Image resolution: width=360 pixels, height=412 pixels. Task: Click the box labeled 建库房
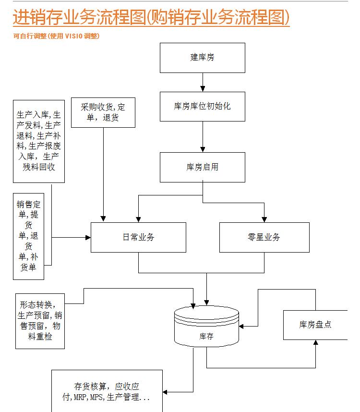[x=202, y=58]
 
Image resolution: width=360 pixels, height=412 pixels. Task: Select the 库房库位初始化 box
[x=202, y=106]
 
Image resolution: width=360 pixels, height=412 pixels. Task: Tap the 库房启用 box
[x=202, y=167]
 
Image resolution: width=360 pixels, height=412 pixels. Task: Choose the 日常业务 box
[x=138, y=237]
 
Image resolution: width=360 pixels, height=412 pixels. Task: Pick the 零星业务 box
[x=264, y=237]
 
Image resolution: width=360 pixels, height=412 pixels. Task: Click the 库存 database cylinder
[x=206, y=327]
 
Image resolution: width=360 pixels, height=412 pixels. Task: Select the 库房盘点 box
[x=315, y=325]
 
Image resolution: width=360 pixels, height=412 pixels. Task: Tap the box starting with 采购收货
[x=103, y=112]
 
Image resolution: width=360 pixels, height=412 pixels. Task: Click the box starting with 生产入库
[x=38, y=141]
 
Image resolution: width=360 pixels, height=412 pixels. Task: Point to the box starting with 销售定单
[x=28, y=235]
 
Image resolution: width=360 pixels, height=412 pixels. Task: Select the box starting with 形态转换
[x=40, y=320]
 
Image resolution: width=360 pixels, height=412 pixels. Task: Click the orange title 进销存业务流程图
[x=151, y=18]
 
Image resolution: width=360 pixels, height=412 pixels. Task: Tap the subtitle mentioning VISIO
[x=57, y=36]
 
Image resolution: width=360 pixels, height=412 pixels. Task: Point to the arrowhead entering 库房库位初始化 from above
[x=202, y=89]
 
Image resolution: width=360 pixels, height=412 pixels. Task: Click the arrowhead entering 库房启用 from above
[x=202, y=149]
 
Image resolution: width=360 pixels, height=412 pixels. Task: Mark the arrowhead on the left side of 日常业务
[x=88, y=237]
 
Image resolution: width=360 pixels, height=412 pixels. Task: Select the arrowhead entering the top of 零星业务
[x=264, y=219]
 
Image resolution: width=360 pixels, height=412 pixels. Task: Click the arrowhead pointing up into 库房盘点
[x=316, y=343]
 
